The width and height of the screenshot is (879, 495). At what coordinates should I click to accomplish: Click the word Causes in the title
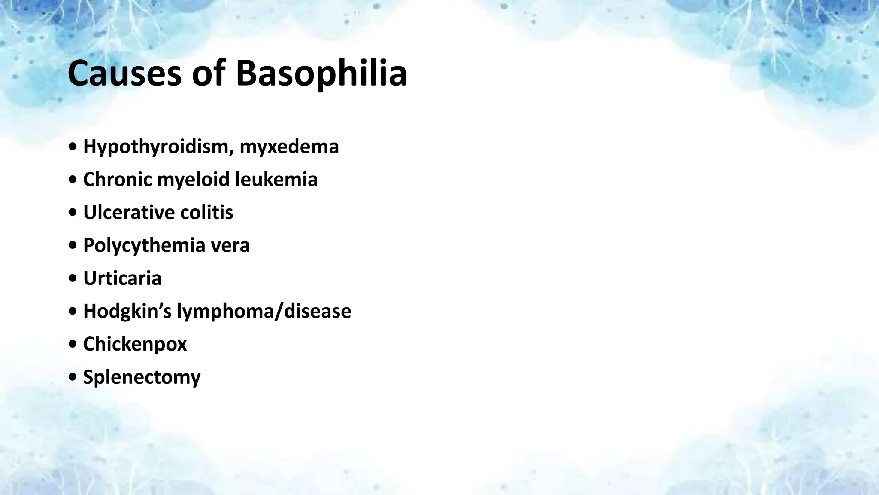click(124, 73)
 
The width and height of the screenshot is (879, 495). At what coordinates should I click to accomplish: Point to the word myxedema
click(289, 147)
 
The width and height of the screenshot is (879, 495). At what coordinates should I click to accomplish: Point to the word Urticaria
click(122, 278)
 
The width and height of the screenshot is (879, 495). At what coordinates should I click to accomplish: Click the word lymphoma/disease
click(264, 311)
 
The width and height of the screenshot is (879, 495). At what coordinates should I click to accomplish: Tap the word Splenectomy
click(142, 377)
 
